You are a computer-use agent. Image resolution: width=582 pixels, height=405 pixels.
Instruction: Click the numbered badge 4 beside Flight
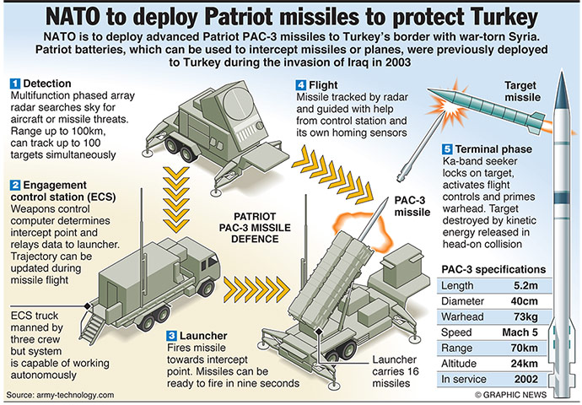pos(300,85)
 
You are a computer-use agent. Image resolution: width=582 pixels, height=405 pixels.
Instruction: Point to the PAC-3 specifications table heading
pos(493,269)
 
